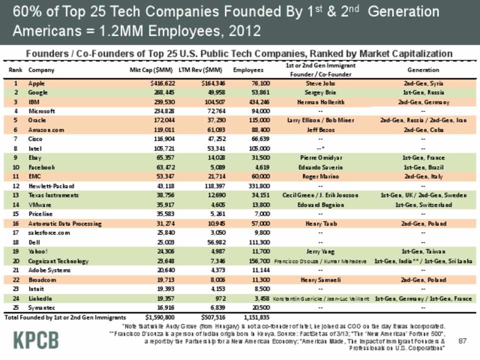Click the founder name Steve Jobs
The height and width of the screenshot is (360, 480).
pos(320,83)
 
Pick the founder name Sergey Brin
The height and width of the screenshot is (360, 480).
pos(320,92)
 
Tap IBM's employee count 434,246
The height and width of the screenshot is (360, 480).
pos(258,102)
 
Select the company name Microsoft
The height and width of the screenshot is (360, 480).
pos(42,111)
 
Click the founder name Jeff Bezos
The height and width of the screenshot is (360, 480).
pos(320,129)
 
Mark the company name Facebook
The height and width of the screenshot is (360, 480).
pos(41,167)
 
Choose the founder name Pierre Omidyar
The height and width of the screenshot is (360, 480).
pos(320,158)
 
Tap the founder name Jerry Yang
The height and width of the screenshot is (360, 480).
pos(320,251)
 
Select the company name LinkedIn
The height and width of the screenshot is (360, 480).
pos(40,298)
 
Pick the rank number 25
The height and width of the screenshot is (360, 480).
pos(16,307)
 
